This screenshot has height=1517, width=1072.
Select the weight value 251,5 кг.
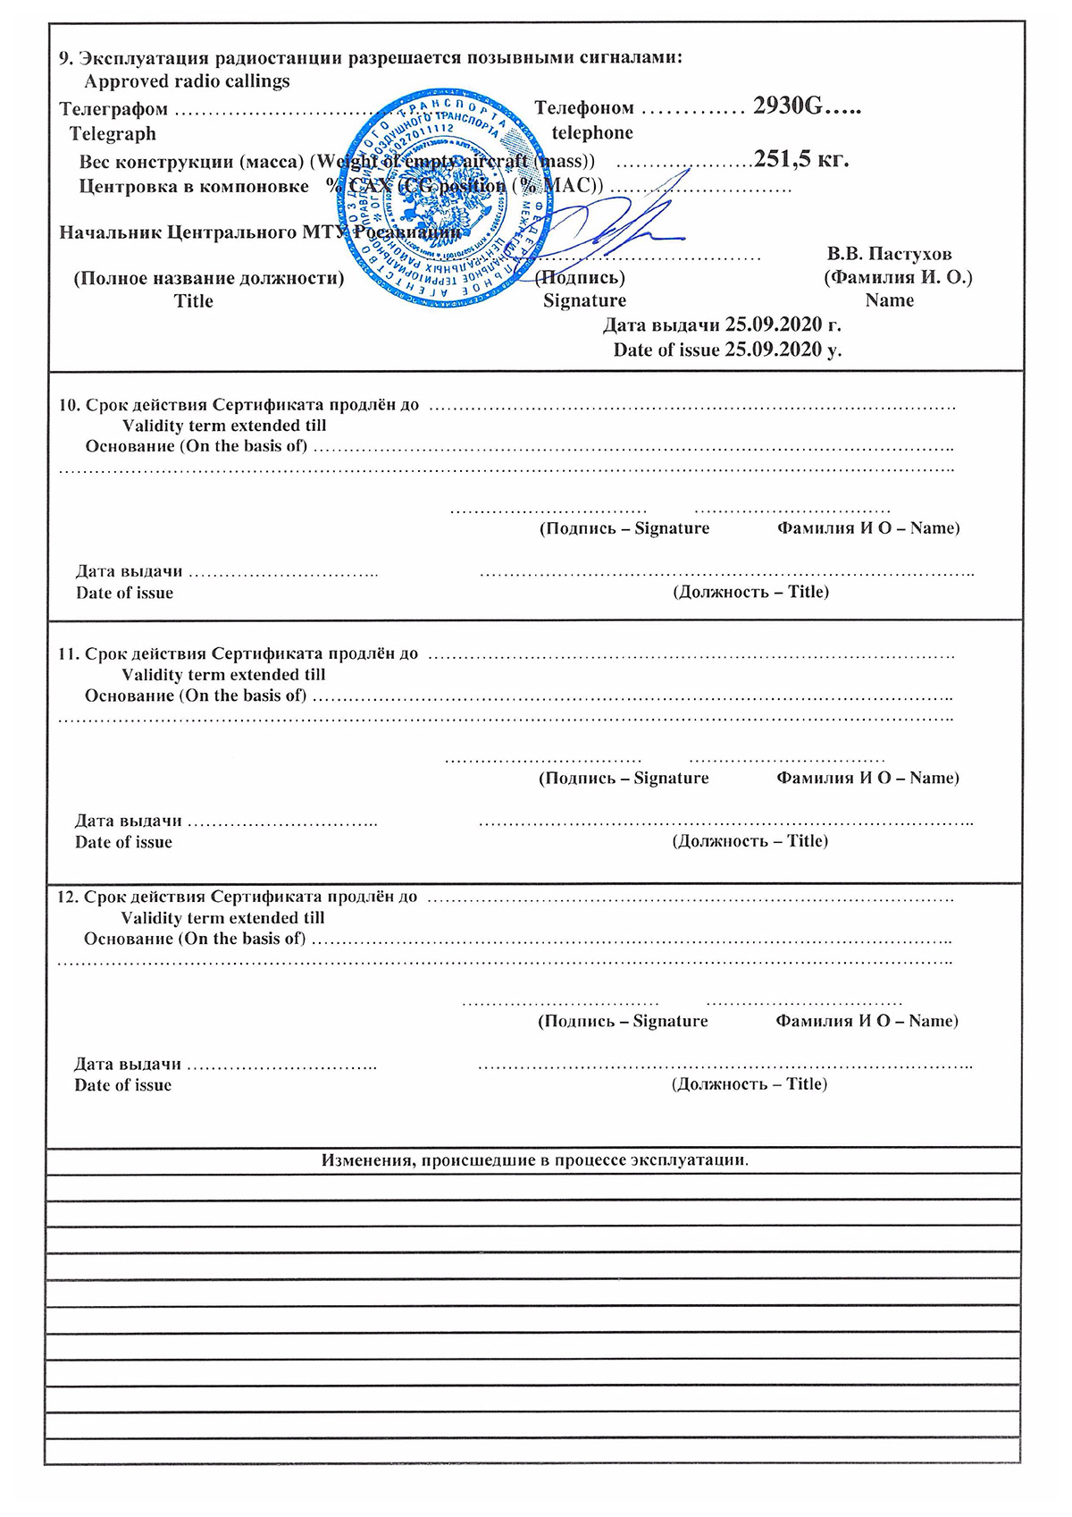pos(800,159)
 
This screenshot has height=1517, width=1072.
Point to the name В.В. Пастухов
pos(889,254)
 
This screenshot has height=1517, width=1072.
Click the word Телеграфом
pos(113,109)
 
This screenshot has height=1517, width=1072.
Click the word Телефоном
pos(584,108)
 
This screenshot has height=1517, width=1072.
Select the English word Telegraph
pos(113,134)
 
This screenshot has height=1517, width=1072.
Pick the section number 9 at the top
pos(64,58)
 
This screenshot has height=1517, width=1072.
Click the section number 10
pos(68,405)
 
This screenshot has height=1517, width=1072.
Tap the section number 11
pos(68,653)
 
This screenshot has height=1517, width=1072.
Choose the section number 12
pos(67,897)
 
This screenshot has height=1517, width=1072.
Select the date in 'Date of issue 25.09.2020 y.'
pos(773,350)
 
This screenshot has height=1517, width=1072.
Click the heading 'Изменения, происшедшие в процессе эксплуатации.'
pos(534,1160)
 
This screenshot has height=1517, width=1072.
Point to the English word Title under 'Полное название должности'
pos(194,301)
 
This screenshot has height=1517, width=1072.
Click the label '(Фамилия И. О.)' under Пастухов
pos(898,277)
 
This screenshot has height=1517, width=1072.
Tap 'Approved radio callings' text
pos(187,81)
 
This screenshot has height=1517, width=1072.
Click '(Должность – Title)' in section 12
pos(750,1084)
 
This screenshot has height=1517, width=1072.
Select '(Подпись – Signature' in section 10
pos(624,528)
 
